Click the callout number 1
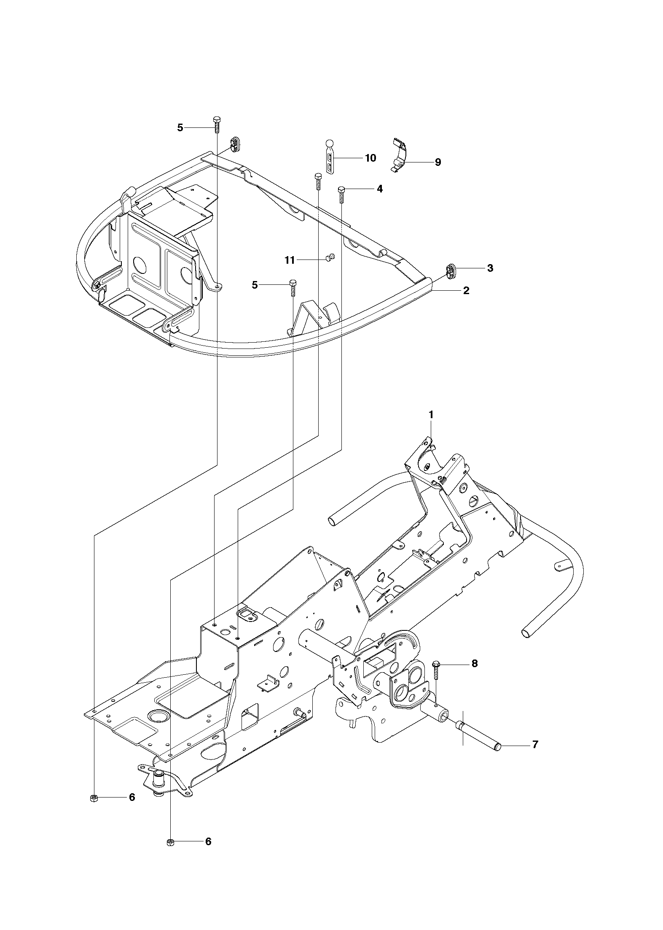coord(431,415)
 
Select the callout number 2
coord(466,290)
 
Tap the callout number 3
coord(490,268)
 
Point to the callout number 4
coord(380,189)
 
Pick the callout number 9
coord(438,162)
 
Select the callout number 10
coord(370,158)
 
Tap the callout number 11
coord(290,260)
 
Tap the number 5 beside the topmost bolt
coord(180,127)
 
